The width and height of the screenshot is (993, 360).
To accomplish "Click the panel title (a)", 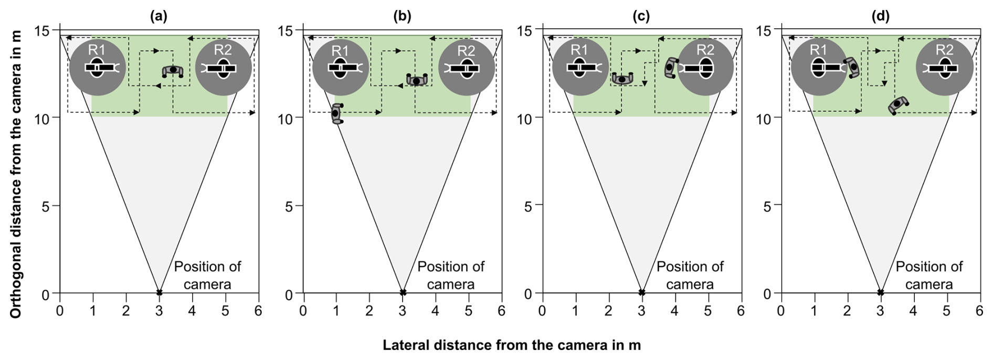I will click(159, 16).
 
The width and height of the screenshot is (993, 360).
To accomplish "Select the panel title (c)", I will click(641, 16).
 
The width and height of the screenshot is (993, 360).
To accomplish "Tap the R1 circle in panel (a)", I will click(98, 68).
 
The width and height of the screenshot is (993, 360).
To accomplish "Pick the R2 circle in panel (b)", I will click(466, 68).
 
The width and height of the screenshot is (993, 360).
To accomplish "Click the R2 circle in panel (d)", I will click(944, 68).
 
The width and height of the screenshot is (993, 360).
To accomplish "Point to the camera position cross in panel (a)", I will click(159, 292).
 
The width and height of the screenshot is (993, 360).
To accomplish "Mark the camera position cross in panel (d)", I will click(880, 292).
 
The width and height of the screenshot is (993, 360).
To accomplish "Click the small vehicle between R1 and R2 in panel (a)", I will click(173, 71).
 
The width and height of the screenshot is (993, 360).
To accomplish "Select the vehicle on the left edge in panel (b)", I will click(336, 113).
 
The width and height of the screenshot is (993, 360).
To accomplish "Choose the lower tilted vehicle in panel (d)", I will click(899, 104).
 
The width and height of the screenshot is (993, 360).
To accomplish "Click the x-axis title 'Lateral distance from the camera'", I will click(511, 345).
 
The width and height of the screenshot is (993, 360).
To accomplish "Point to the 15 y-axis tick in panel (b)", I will click(286, 30).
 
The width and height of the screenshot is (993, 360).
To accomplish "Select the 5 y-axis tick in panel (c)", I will click(528, 206).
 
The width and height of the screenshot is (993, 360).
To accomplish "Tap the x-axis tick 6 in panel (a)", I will click(258, 311).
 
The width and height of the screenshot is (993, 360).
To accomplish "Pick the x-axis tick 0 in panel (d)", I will click(781, 311).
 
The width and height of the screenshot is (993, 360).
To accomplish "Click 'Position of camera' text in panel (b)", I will click(450, 275).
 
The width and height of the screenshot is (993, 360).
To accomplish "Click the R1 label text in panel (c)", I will click(579, 50).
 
